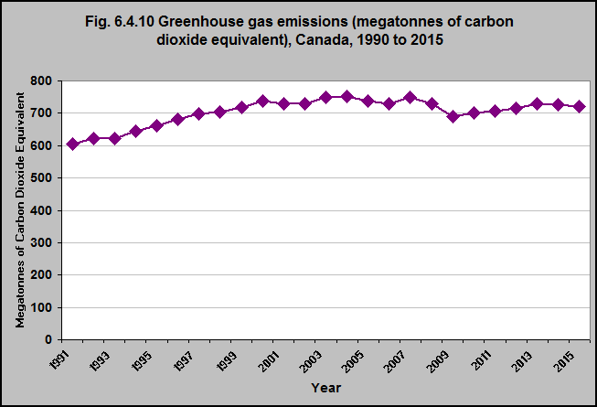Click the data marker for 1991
[x=73, y=144]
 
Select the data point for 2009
[x=453, y=116]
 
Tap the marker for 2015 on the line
[x=580, y=106]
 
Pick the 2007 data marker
[x=410, y=98]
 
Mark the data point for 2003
[x=325, y=98]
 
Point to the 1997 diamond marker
[x=198, y=113]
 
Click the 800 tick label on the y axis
[x=41, y=81]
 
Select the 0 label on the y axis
[x=48, y=339]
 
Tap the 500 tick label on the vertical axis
[x=41, y=178]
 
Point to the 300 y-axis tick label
[x=41, y=243]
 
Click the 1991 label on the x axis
[x=59, y=360]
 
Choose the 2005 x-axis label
[x=353, y=361]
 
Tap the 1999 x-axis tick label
[x=227, y=361]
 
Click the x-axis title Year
[x=325, y=388]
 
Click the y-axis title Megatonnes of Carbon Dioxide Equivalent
[x=20, y=209]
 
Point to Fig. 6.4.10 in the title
[x=119, y=21]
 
